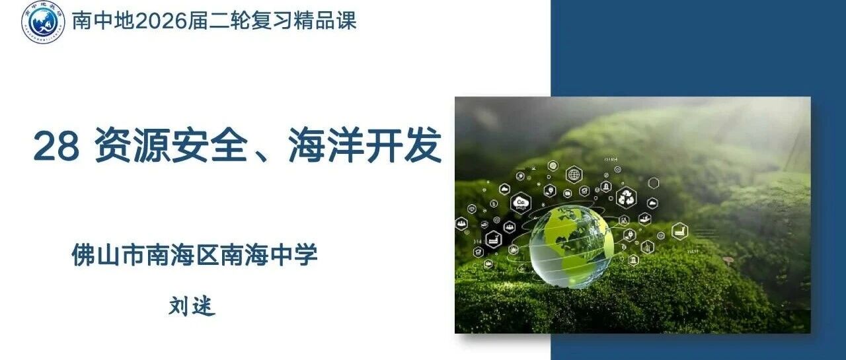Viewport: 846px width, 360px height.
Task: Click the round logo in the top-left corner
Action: click(43, 22)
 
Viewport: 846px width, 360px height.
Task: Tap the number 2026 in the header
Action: click(161, 20)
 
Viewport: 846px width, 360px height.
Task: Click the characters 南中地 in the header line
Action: click(103, 20)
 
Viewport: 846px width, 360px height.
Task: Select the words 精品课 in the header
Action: click(325, 20)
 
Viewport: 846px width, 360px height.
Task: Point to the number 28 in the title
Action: click(56, 146)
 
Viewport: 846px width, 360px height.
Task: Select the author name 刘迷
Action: click(192, 306)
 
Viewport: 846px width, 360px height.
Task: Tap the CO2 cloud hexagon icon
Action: click(521, 203)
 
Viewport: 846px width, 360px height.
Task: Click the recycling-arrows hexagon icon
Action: click(627, 198)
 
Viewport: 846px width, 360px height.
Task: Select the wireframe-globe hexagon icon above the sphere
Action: click(574, 175)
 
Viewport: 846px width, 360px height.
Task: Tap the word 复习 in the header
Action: click(272, 20)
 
